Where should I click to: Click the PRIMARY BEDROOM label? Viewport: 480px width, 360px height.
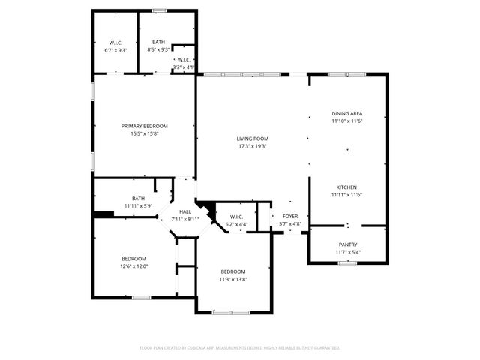point(145,126)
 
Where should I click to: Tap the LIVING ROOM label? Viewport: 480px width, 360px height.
point(253,139)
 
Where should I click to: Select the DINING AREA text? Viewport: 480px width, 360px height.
point(347,113)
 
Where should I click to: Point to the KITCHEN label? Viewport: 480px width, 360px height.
point(346,187)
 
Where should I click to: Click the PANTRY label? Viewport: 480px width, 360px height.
point(347,244)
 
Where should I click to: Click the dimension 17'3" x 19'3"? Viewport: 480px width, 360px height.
point(253,146)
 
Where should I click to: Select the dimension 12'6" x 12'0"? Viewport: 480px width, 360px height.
point(133,265)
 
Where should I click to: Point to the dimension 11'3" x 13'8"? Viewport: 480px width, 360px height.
point(232,279)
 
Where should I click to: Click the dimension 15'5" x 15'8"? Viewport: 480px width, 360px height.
point(145,133)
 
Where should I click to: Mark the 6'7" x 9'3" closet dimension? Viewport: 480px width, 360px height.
point(115,50)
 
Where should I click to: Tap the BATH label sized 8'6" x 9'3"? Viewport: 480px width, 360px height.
point(159,43)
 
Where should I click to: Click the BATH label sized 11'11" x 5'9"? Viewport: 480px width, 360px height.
point(138,199)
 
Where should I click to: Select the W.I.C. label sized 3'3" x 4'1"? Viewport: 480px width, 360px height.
point(184,59)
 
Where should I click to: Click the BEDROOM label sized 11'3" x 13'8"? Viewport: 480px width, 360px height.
point(232,271)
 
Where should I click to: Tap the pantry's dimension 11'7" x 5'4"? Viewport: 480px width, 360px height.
point(347,251)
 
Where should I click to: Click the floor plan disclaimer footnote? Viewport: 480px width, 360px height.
point(240,347)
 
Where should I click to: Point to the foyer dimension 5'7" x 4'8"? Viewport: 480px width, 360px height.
point(290,224)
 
